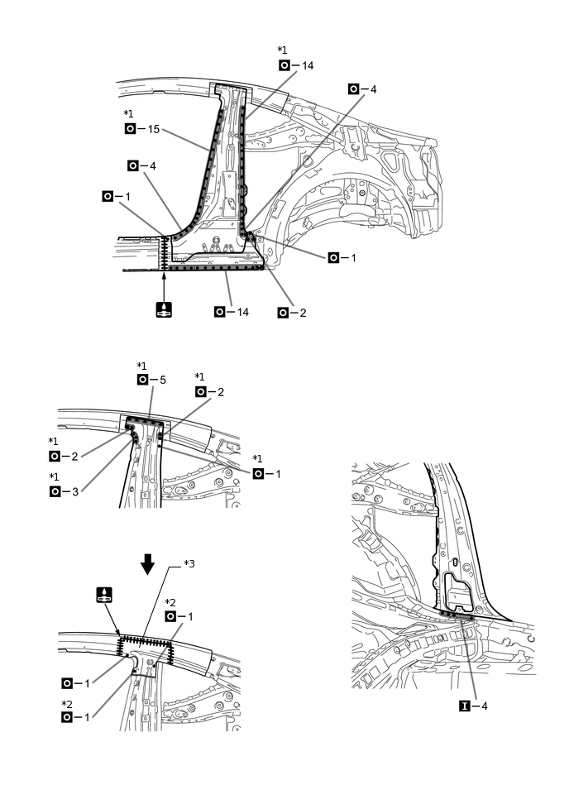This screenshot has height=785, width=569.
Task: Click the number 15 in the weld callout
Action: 153,129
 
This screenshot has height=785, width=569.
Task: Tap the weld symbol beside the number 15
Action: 130,129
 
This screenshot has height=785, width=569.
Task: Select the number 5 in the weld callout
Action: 163,380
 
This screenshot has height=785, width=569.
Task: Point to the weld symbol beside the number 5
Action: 143,380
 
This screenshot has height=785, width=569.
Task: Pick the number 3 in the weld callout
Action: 77,491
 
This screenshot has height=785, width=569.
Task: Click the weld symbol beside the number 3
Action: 55,491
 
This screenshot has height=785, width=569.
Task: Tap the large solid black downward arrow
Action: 147,564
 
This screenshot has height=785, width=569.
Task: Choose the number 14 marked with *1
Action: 308,65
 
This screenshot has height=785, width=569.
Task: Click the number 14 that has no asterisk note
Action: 242,312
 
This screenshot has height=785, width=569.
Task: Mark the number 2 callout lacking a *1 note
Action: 304,313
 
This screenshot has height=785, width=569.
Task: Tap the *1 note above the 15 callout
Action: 127,113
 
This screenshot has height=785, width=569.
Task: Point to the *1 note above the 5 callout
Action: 141,365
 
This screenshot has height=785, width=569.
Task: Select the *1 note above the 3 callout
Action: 54,476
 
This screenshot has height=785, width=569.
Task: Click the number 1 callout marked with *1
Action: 279,473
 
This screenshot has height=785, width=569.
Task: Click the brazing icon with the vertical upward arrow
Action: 165,310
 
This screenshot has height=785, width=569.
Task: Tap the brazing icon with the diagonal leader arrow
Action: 105,594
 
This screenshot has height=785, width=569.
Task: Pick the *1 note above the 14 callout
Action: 282,50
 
